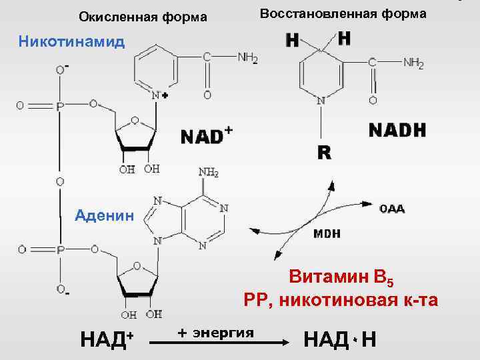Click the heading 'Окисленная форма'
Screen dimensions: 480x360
(x=143, y=16)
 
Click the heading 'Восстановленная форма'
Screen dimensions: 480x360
(x=343, y=13)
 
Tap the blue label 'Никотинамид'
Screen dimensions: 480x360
(x=71, y=41)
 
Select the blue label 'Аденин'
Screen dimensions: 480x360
(x=105, y=215)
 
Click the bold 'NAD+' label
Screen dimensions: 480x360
(x=206, y=136)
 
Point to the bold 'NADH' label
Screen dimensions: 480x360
(x=397, y=130)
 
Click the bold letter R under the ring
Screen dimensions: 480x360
(x=324, y=153)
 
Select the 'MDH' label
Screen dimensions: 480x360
(x=327, y=234)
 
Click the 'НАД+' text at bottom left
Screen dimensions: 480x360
(x=107, y=339)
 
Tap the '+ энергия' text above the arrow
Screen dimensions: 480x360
(x=216, y=331)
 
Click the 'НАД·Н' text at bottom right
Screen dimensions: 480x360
(x=339, y=339)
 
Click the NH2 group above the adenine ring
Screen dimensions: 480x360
(x=208, y=173)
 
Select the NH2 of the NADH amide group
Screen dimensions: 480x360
(x=413, y=63)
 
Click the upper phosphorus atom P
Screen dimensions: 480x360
(x=61, y=105)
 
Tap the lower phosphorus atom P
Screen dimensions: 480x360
(x=61, y=250)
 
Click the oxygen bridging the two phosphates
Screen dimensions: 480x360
(x=60, y=181)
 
